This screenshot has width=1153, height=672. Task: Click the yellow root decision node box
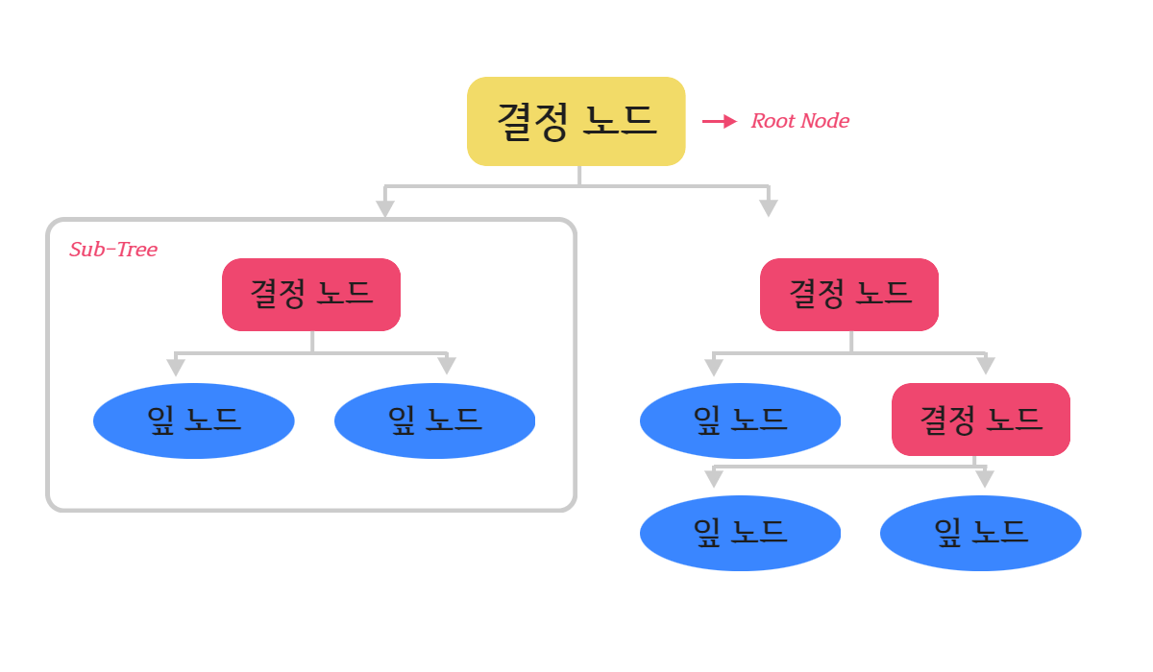576,121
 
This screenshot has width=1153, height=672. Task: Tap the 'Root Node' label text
799,121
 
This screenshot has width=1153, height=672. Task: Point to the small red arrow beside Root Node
720,121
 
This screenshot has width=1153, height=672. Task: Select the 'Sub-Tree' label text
113,250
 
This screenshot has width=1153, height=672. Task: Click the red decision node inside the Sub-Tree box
311,295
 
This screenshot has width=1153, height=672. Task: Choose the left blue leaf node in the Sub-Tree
193,420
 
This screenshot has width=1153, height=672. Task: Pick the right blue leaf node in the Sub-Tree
435,420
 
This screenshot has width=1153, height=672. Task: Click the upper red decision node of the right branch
849,295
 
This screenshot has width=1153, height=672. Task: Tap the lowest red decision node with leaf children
981,420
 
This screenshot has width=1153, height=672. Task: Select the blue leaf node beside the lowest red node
740,420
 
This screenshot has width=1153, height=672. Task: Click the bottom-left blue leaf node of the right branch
740,533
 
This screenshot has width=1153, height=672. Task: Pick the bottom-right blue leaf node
981,533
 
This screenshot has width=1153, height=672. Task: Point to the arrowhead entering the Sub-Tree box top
385,208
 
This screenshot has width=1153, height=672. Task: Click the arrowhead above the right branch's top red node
769,208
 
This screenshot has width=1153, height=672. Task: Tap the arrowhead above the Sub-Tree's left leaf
176,367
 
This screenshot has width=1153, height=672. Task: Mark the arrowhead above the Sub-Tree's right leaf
447,366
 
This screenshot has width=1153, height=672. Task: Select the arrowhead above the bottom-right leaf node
985,479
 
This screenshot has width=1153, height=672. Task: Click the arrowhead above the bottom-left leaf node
714,479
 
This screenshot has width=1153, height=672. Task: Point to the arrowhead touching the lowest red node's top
986,366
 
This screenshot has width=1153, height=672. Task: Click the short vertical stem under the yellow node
579,176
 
